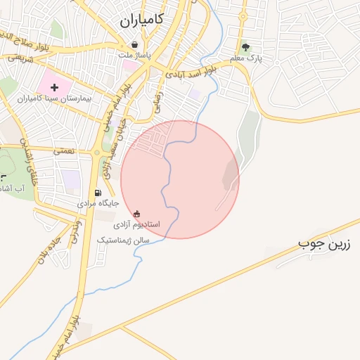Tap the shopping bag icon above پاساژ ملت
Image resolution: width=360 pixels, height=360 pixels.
[x=134, y=44]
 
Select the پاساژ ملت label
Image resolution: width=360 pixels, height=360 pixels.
[x=134, y=55]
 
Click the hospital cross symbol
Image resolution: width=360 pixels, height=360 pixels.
[x=55, y=87]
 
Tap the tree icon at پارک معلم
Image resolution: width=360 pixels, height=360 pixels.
[x=245, y=48]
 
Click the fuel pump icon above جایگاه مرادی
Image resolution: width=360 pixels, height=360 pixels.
[x=97, y=193]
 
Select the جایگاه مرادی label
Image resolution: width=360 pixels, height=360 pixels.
[x=97, y=203]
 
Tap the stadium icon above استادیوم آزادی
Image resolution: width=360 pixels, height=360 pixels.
[x=136, y=214]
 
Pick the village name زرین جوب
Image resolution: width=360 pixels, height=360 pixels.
[x=324, y=245]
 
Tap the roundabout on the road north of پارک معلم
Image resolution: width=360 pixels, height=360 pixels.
[x=243, y=15]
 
